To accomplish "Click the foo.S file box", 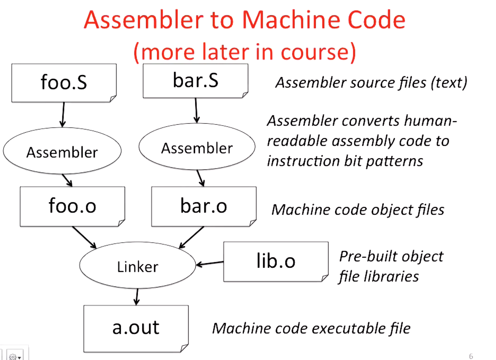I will pyautogui.click(x=64, y=82).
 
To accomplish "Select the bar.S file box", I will pyautogui.click(x=195, y=81).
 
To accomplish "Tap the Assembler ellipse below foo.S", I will pyautogui.click(x=62, y=152).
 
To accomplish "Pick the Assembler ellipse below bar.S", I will pyautogui.click(x=197, y=148).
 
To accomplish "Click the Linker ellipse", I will pyautogui.click(x=138, y=266).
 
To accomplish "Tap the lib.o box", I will pyautogui.click(x=275, y=261).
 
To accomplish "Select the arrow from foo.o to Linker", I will pyautogui.click(x=84, y=237).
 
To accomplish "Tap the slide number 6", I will pyautogui.click(x=471, y=356).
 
